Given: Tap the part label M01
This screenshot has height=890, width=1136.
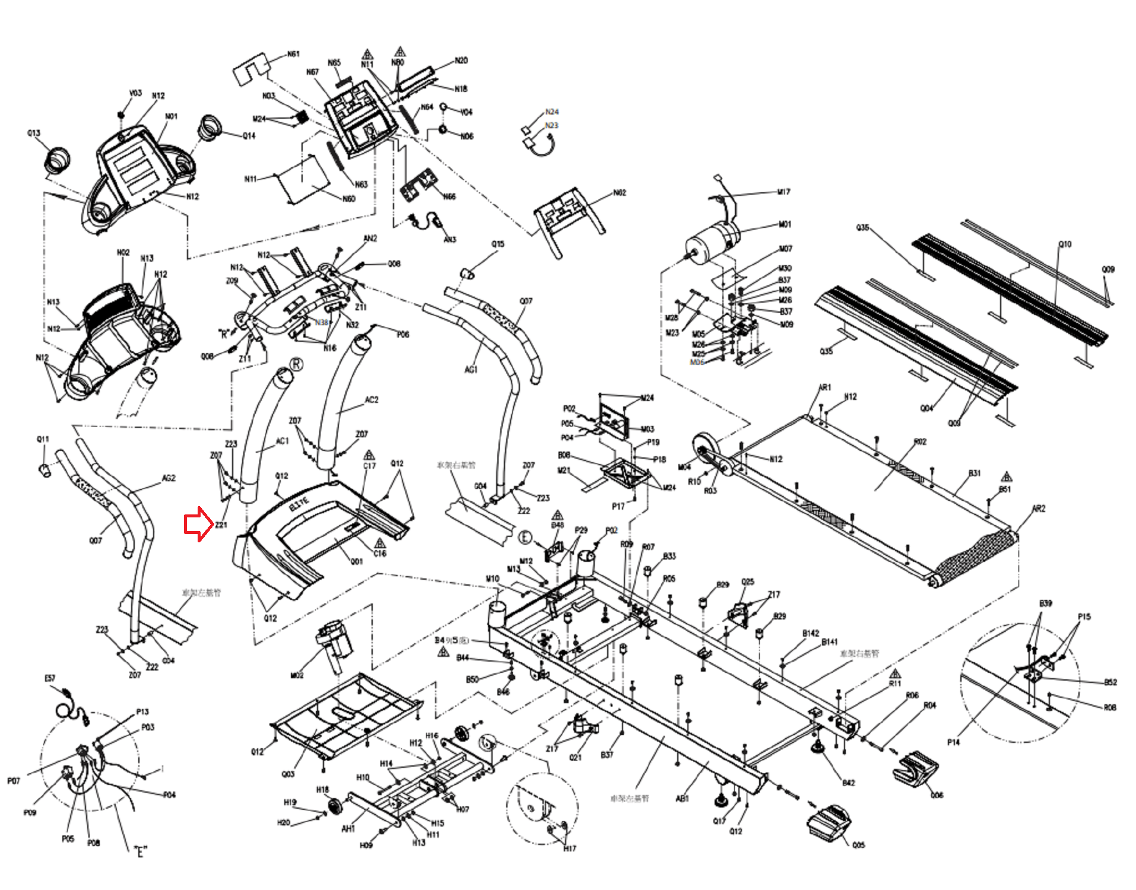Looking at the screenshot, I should pyautogui.click(x=785, y=224).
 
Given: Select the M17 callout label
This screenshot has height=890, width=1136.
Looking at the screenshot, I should pyautogui.click(x=783, y=192).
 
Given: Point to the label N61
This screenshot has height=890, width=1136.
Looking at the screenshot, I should pyautogui.click(x=293, y=54).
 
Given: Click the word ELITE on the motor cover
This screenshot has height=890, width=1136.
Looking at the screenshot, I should pyautogui.click(x=299, y=505).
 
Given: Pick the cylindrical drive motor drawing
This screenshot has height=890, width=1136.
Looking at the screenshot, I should pyautogui.click(x=712, y=241).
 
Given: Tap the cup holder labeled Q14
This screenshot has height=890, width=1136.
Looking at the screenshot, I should pyautogui.click(x=210, y=127).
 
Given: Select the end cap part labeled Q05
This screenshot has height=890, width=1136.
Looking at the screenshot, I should pyautogui.click(x=828, y=822).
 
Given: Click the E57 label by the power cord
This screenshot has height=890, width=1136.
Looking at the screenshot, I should pyautogui.click(x=50, y=678).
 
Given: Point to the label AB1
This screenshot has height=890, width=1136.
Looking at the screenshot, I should pyautogui.click(x=683, y=799).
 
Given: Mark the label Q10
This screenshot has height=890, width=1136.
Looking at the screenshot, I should pyautogui.click(x=1065, y=244).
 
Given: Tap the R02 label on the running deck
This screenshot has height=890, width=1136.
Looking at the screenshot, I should pyautogui.click(x=919, y=441).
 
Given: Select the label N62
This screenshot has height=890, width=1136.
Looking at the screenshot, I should pyautogui.click(x=619, y=193).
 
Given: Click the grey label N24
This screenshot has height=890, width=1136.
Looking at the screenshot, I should pyautogui.click(x=551, y=112).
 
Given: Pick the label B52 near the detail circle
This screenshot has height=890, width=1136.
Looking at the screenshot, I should pyautogui.click(x=1110, y=682).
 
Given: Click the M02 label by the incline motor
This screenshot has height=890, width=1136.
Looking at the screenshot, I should pyautogui.click(x=297, y=675).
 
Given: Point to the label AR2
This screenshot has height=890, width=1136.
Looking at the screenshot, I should pyautogui.click(x=1038, y=508).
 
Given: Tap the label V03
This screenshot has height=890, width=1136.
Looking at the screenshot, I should pyautogui.click(x=135, y=93).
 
